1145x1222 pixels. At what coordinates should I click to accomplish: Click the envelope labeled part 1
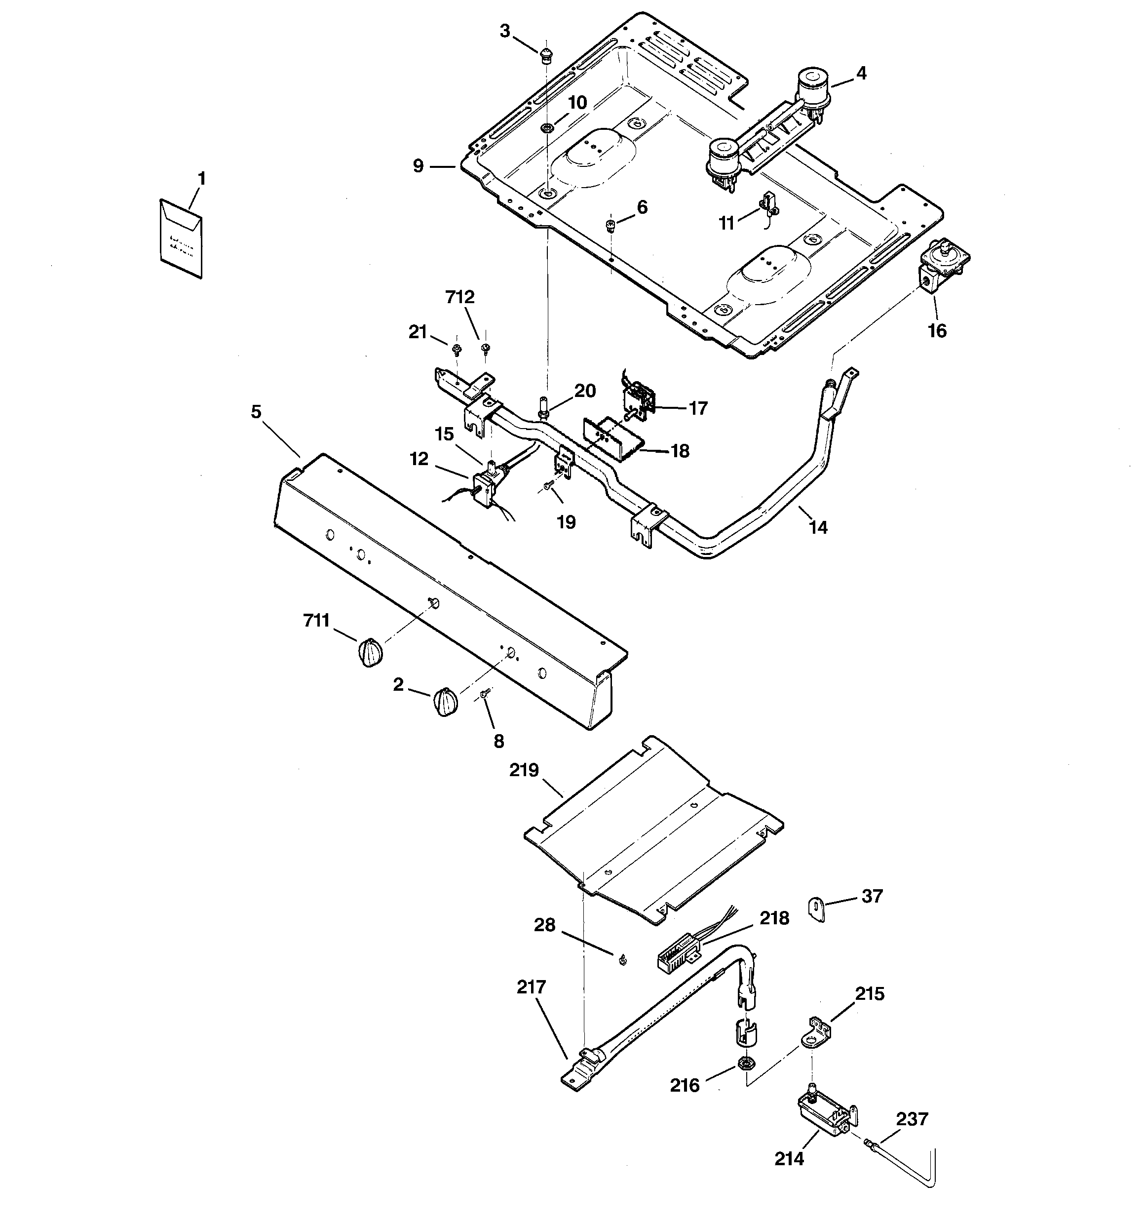pos(181,238)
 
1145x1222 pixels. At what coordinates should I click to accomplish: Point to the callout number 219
pos(524,770)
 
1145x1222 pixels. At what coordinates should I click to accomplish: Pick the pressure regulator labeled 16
pos(942,266)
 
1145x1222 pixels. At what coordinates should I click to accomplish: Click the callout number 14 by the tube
pos(818,527)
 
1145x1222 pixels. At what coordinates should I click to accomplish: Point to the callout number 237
pos(912,1119)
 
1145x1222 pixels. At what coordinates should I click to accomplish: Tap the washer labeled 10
pos(546,128)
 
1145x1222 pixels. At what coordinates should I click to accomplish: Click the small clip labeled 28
pos(622,959)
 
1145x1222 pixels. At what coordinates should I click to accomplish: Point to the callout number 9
pos(418,166)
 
